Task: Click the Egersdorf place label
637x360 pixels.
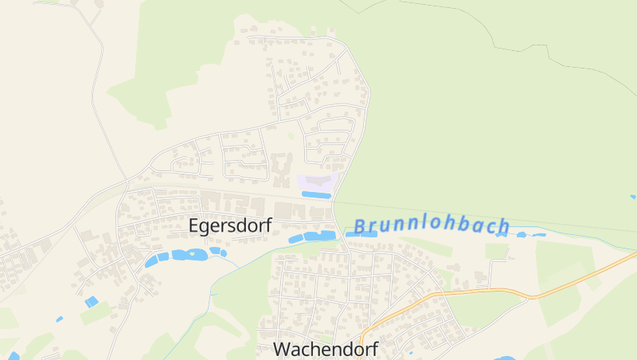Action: tap(230, 225)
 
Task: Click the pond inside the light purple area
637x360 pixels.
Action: tap(315, 194)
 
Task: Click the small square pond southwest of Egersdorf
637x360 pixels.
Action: tap(92, 302)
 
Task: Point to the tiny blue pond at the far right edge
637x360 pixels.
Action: tap(633, 196)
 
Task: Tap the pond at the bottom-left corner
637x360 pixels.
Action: tap(14, 356)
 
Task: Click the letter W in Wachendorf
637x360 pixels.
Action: tap(281, 349)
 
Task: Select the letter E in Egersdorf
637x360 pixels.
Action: tap(194, 225)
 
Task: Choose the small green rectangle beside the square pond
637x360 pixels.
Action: tap(96, 313)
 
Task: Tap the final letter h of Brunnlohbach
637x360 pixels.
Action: tap(502, 227)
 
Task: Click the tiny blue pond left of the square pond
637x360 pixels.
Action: tap(60, 319)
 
